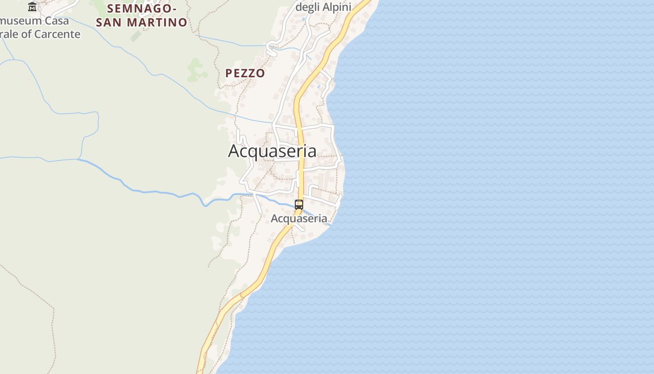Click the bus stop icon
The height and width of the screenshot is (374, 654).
pos(299,204)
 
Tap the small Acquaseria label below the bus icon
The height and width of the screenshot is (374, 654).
pos(299,218)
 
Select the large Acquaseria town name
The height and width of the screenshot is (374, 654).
pos(272,151)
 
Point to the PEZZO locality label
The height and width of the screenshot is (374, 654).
pos(245,73)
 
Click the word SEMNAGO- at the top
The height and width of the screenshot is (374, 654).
pos(142,8)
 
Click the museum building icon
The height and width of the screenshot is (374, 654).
pos(32,7)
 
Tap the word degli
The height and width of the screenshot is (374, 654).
pos(307,7)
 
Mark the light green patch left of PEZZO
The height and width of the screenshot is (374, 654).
pos(196,70)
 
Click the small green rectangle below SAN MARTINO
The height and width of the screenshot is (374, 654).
pos(135,36)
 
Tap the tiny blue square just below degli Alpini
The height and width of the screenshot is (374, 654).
pos(304,19)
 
